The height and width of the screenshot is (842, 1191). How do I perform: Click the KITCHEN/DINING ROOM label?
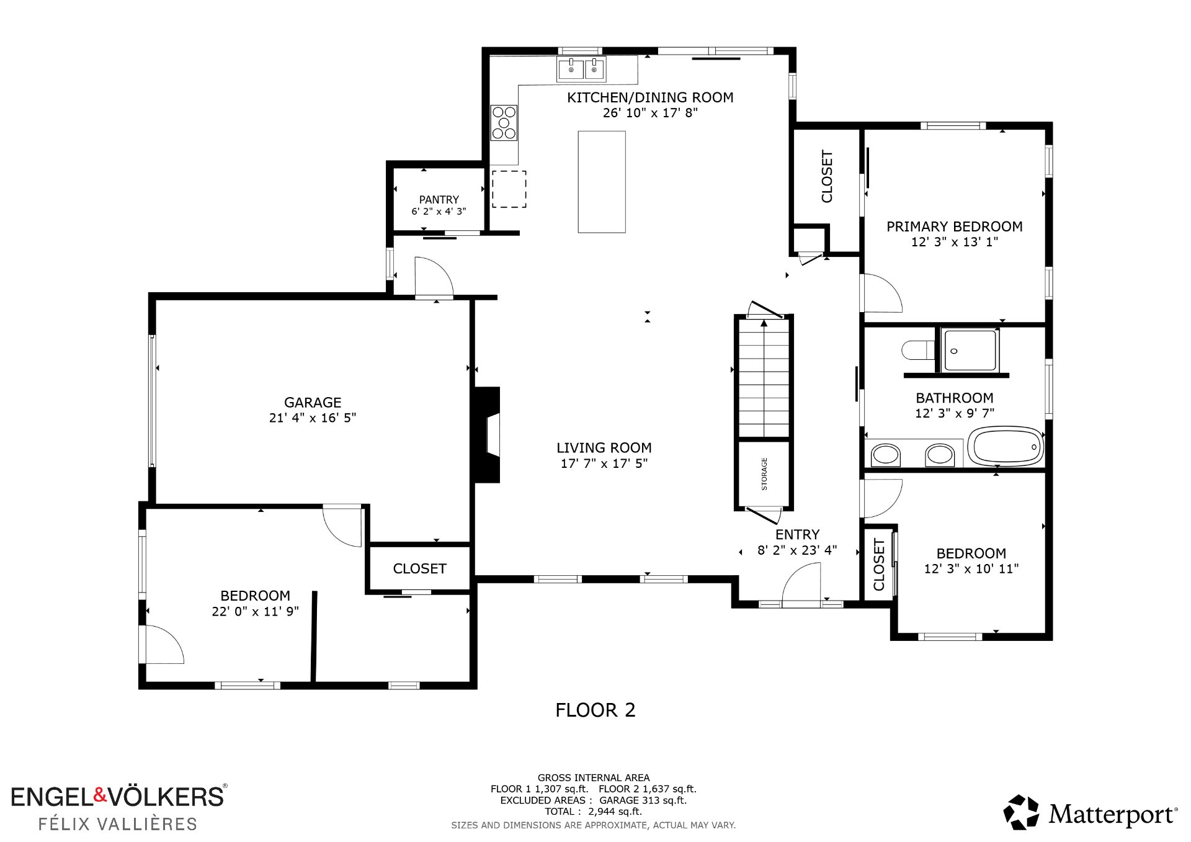[x=650, y=97]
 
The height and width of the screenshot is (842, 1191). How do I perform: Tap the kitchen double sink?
[x=582, y=69]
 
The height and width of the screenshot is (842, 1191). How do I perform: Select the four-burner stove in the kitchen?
[x=504, y=123]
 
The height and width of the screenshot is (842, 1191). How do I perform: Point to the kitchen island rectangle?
[x=602, y=182]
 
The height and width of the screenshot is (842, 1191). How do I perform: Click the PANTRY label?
[x=439, y=200]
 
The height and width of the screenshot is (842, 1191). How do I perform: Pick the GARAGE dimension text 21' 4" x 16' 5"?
[x=313, y=418]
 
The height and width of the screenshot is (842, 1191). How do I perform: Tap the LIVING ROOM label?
[x=604, y=448]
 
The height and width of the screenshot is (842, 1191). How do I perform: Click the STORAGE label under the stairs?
[x=764, y=474]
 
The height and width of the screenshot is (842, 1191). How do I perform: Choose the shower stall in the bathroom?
[x=970, y=351]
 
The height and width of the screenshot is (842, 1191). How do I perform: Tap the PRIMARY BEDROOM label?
[x=954, y=227]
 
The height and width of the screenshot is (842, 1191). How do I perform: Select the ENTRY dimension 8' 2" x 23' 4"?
[x=797, y=550]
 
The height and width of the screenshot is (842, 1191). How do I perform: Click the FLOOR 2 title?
[x=595, y=710]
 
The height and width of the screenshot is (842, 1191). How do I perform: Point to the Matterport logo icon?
[x=1021, y=812]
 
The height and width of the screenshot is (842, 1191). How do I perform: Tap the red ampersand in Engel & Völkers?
[x=100, y=795]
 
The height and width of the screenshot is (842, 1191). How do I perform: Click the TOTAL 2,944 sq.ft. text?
[x=593, y=812]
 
